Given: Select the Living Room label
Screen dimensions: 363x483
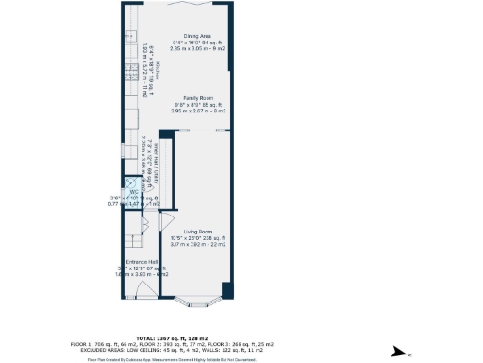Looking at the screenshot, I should (x=197, y=232).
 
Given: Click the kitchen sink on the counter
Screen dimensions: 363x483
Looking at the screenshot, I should (x=128, y=36).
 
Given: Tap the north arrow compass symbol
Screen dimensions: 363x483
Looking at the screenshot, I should (x=407, y=354).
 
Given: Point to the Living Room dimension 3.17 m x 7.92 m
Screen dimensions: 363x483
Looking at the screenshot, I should (x=197, y=243).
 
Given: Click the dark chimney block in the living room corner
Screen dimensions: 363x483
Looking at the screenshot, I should (x=224, y=287).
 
